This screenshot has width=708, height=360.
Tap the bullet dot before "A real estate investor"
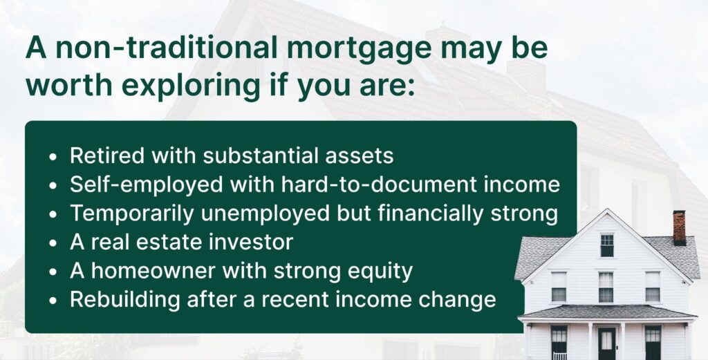[54, 244]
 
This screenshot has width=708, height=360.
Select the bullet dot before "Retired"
[54, 157]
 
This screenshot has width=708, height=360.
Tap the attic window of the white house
[606, 245]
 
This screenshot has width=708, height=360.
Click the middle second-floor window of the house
[606, 286]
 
